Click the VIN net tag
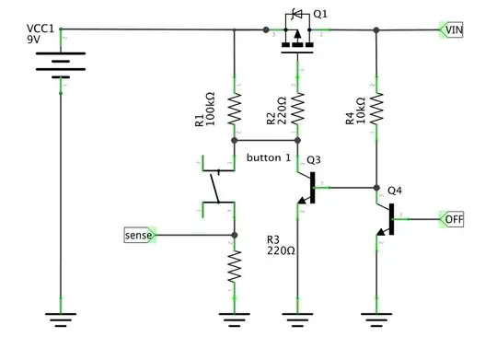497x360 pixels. (x=453, y=30)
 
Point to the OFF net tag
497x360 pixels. (x=453, y=220)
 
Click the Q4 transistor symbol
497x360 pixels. (x=387, y=221)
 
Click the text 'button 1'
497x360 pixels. (x=269, y=157)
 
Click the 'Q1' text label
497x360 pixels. (x=320, y=14)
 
